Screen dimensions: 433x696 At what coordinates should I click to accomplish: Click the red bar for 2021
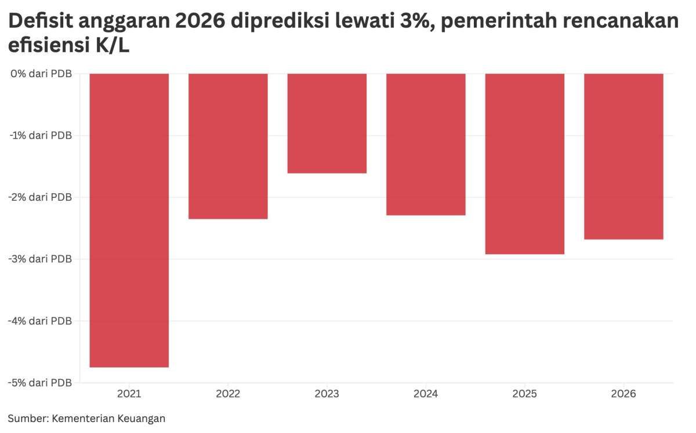[x=129, y=221]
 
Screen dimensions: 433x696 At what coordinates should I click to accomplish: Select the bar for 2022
[x=228, y=146]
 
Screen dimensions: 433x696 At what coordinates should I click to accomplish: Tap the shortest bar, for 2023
[x=327, y=124]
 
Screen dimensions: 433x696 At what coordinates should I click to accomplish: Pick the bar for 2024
[x=426, y=145]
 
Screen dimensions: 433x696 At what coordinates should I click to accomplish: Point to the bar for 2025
[x=525, y=164]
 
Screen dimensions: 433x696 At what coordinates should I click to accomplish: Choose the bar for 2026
[x=623, y=157]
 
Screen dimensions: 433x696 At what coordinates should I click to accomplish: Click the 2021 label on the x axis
[x=129, y=394]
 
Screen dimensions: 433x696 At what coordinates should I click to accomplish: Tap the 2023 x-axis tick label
[x=327, y=394]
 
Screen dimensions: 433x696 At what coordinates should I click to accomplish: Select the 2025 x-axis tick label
[x=525, y=394]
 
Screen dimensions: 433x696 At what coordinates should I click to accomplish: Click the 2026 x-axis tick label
[x=623, y=394]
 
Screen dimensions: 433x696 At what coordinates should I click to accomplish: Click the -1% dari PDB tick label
[x=39, y=135]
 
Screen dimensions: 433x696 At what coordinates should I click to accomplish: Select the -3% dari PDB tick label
[x=39, y=259]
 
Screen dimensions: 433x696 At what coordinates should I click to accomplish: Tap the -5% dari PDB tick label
[x=39, y=383]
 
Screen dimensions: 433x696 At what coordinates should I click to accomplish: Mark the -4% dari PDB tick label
[x=39, y=321]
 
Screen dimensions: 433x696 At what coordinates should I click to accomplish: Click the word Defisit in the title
[x=40, y=22]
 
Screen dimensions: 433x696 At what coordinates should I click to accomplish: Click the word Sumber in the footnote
[x=27, y=418]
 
